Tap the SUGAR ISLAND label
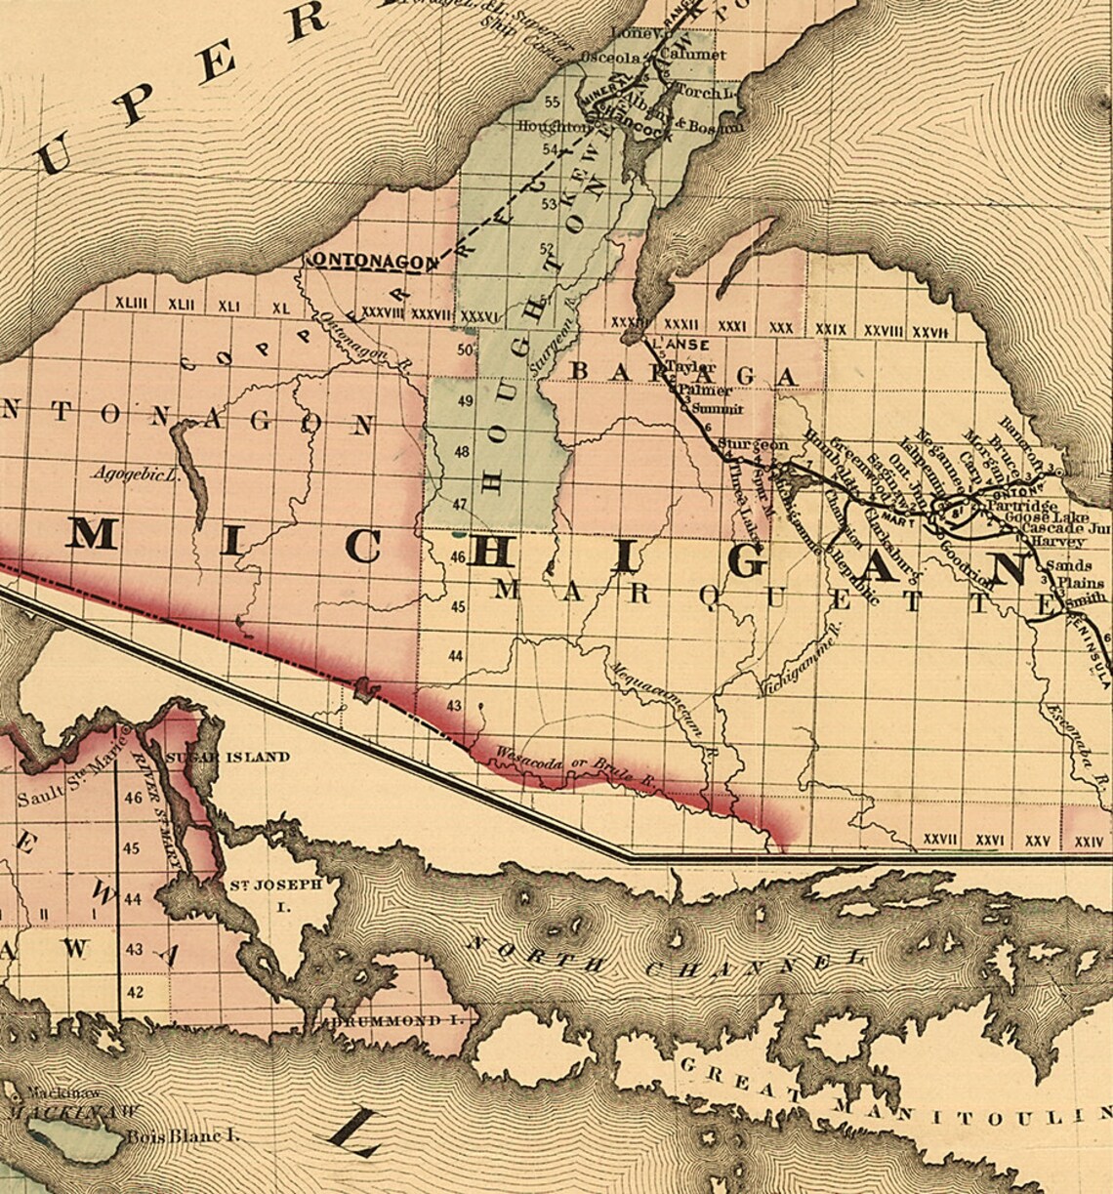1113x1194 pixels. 227,757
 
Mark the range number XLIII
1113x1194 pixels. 131,305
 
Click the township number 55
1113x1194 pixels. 553,102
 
